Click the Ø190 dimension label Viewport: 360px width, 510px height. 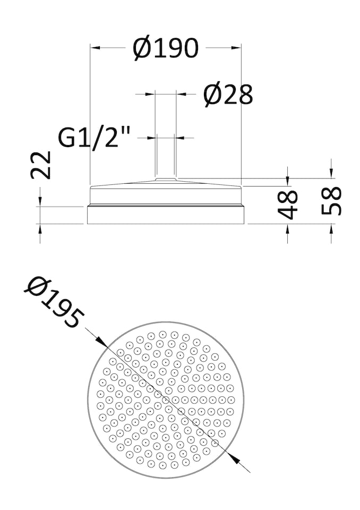166,48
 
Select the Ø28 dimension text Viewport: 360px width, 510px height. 228,95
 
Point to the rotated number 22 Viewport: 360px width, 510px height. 41,165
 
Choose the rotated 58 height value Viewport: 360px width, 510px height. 332,200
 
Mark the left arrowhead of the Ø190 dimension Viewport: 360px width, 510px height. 95,48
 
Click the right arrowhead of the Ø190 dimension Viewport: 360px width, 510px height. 237,48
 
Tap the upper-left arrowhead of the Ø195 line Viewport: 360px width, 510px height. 103,343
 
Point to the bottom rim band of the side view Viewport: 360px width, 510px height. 166,215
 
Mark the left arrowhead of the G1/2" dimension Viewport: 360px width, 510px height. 153,138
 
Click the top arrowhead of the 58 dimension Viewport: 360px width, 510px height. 331,174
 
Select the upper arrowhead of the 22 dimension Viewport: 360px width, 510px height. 40,202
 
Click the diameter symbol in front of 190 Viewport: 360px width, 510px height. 142,49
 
